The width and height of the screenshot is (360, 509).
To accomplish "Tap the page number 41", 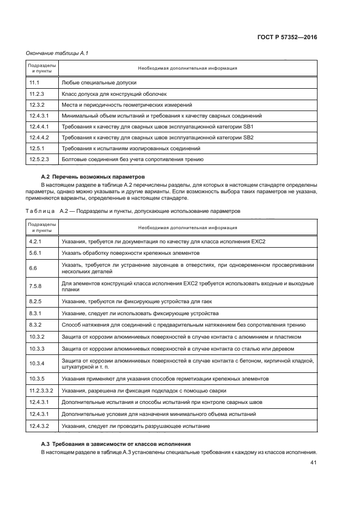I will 314,463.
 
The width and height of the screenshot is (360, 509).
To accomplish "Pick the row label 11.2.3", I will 36,94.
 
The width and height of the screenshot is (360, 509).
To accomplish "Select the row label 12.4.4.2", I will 39,138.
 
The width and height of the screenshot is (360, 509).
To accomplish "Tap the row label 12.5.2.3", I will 39,160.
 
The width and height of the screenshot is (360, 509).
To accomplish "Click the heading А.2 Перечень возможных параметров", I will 93,177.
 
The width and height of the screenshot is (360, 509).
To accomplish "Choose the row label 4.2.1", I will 36,241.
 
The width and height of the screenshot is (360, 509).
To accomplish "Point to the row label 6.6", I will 33,268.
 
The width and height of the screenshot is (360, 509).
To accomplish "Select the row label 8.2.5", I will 36,301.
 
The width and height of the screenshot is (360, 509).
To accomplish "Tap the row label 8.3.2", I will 36,325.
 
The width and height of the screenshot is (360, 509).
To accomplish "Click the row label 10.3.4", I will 37,363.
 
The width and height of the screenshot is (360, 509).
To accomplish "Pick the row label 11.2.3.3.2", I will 41,391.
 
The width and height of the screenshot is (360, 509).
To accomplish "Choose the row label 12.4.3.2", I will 39,426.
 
